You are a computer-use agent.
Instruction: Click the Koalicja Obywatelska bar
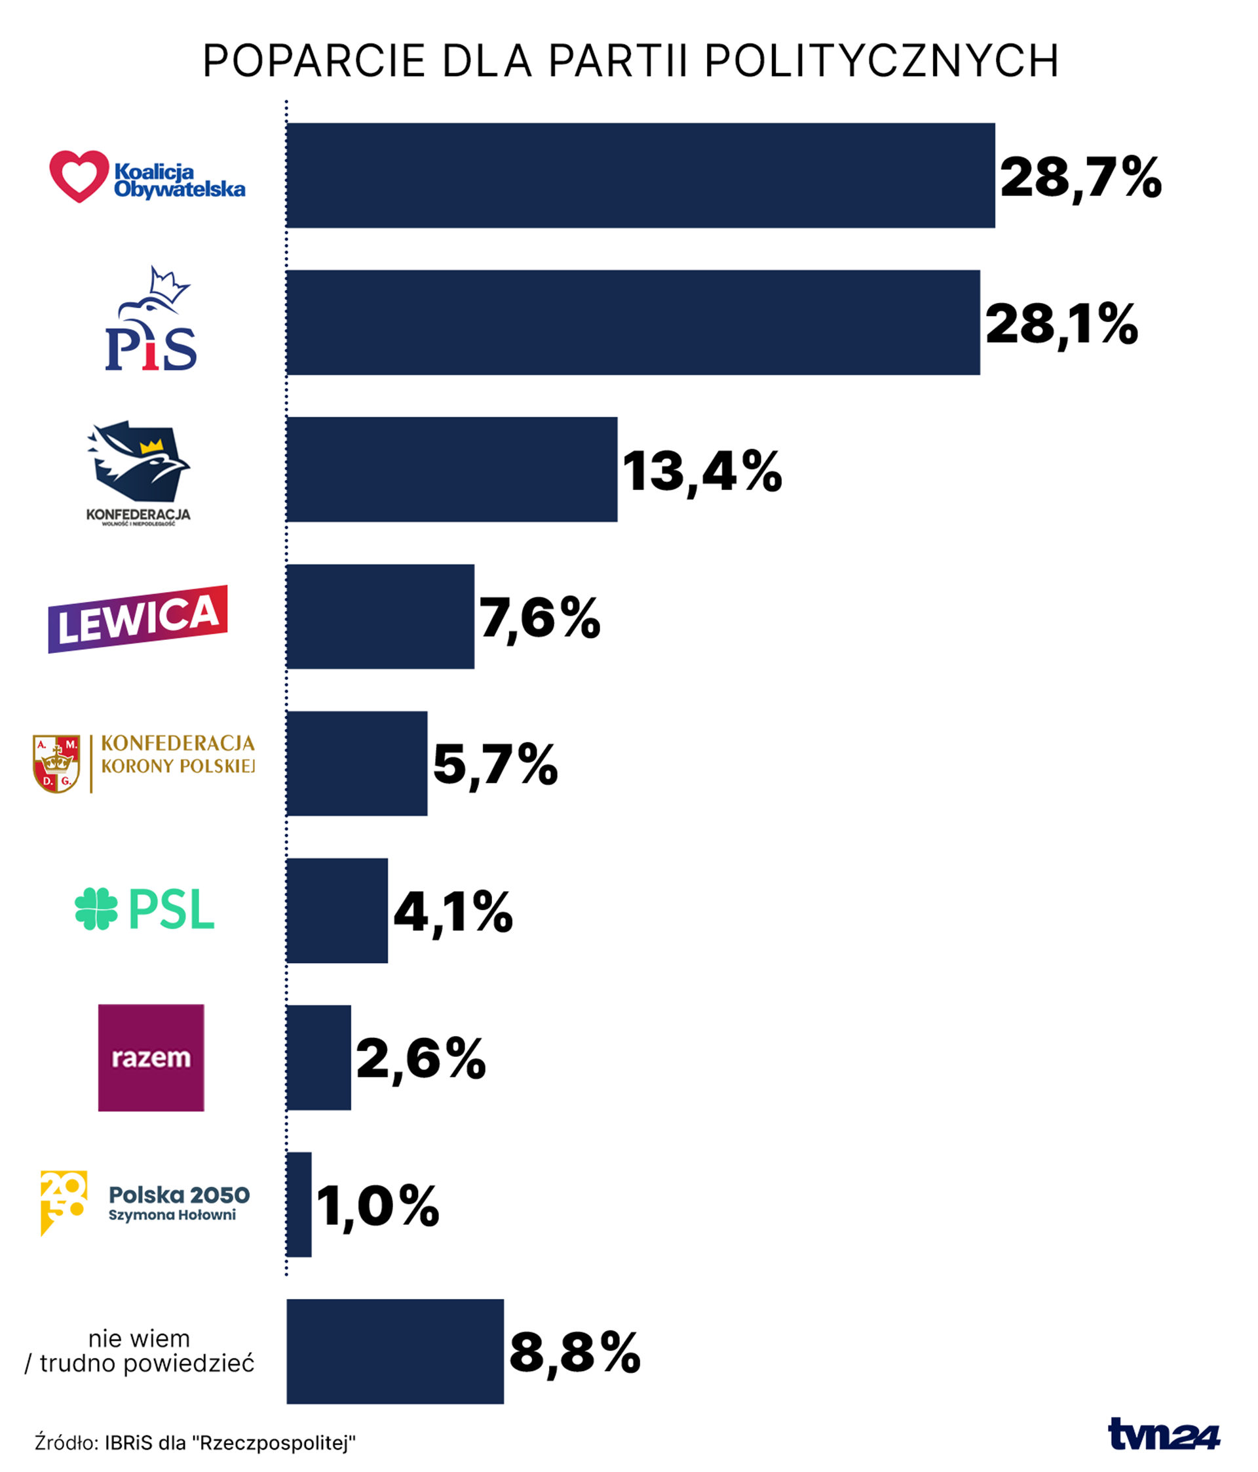[x=639, y=176]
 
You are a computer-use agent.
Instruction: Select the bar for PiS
[x=632, y=323]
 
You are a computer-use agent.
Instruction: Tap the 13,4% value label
[x=702, y=471]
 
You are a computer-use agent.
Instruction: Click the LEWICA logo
[x=138, y=619]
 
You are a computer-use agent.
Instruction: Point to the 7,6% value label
[x=539, y=618]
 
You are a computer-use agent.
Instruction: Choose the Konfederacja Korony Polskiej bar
[x=356, y=764]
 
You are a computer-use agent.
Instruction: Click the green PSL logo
[x=144, y=909]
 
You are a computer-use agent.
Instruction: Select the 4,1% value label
[x=453, y=911]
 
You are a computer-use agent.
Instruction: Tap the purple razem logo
[x=151, y=1057]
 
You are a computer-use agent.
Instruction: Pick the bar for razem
[x=318, y=1058]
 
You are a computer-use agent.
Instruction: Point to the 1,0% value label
[x=377, y=1206]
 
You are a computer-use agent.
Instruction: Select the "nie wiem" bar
[x=394, y=1351]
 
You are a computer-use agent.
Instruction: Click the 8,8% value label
[x=575, y=1353]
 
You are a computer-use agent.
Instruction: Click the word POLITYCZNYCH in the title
[x=882, y=61]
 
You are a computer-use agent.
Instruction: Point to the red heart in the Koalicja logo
[x=79, y=176]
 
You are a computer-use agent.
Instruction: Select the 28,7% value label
[x=1080, y=177]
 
